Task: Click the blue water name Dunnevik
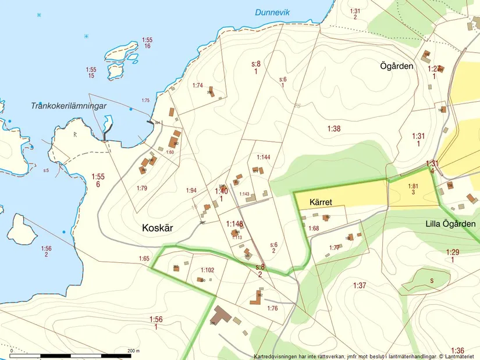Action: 272,12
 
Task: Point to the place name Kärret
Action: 321,202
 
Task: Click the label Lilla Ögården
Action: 450,224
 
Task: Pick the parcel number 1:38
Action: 333,129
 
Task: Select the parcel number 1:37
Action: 360,285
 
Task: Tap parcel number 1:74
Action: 198,85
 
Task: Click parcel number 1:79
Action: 142,188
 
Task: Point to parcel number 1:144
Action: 264,157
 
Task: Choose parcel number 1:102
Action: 208,270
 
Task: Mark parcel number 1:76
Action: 272,308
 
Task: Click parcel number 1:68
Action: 314,229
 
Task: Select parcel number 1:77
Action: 334,248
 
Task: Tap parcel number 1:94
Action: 191,190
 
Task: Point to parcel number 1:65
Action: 144,258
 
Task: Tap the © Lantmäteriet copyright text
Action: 456,356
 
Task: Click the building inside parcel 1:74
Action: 212,91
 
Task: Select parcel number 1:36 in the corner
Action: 457,350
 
